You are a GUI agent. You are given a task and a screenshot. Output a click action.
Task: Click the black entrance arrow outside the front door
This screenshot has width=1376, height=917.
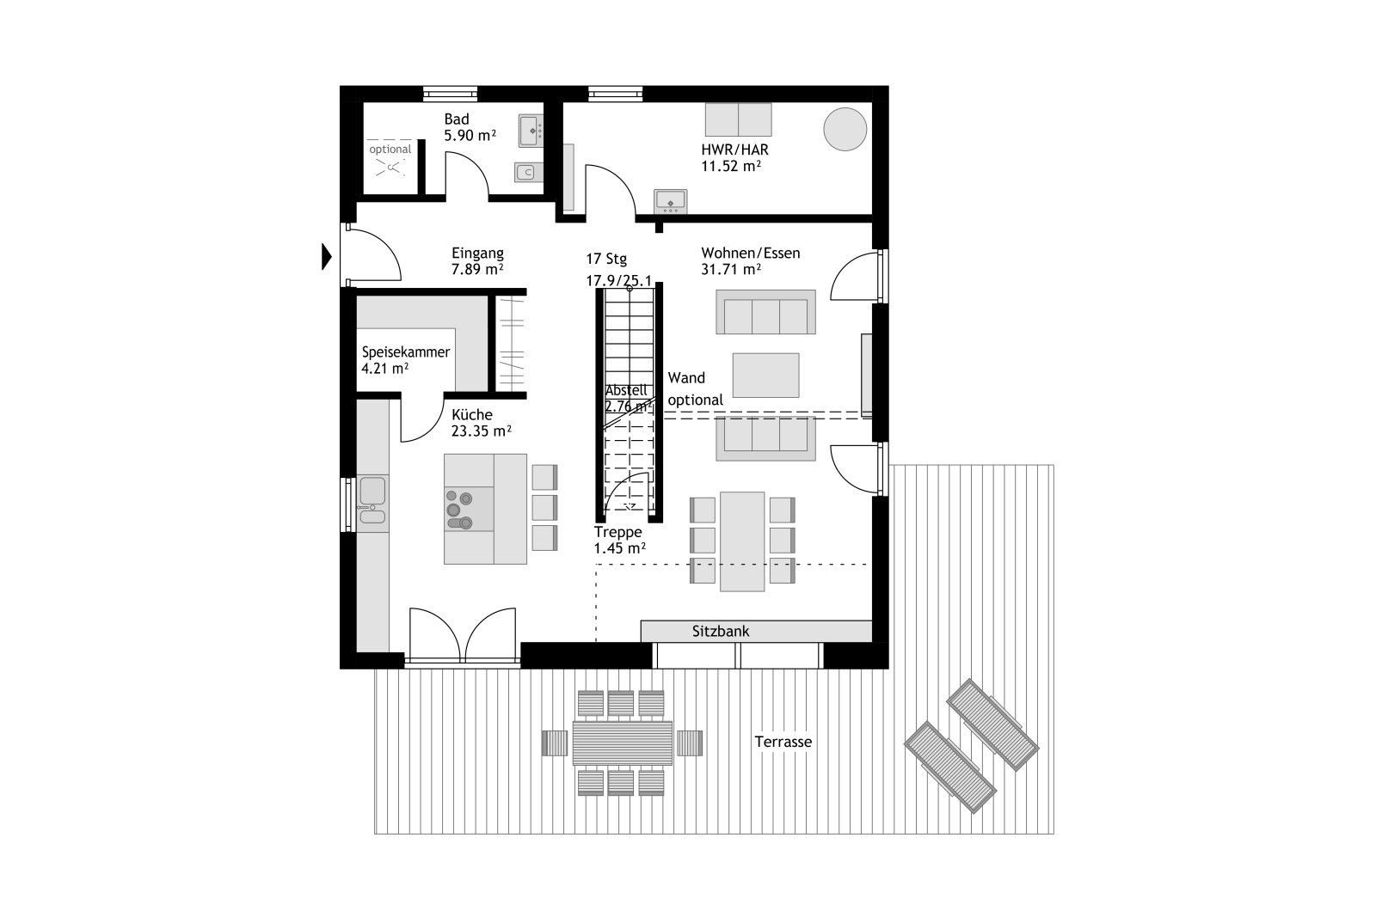tap(327, 257)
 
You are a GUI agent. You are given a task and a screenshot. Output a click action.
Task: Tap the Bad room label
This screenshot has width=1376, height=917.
tap(457, 119)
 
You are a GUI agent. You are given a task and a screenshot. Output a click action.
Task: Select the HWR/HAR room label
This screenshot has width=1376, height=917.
tap(734, 150)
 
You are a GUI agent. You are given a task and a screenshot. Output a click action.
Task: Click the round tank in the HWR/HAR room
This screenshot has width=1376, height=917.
tap(845, 129)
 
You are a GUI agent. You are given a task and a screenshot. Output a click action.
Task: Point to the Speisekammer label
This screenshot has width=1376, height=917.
tap(405, 352)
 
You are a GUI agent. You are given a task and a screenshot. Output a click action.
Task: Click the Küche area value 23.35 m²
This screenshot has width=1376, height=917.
tap(482, 431)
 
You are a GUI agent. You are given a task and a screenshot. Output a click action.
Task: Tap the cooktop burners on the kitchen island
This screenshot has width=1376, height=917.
tap(459, 510)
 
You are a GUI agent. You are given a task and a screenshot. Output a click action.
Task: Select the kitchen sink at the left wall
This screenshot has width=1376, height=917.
tap(372, 499)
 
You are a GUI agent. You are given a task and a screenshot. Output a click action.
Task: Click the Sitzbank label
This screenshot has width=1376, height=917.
tap(721, 631)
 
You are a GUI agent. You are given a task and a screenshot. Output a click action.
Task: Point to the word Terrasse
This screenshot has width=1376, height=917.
tap(783, 742)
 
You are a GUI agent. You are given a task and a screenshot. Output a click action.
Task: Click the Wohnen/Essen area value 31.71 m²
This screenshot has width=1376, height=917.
tap(731, 270)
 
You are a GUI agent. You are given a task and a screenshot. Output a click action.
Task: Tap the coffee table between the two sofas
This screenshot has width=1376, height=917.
tap(765, 375)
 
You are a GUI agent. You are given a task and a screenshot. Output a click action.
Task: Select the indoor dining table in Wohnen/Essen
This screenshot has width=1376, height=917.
tap(742, 541)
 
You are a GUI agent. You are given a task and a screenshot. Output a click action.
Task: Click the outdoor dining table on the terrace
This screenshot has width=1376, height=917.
tap(623, 743)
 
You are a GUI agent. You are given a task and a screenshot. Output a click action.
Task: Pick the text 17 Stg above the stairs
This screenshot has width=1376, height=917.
tap(606, 259)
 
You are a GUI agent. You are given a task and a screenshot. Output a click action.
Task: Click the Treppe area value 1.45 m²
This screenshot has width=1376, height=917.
tap(620, 548)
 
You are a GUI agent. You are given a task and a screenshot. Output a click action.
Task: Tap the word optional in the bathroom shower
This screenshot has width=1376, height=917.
tap(390, 150)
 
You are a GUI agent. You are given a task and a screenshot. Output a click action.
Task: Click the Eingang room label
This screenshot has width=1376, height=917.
tap(477, 253)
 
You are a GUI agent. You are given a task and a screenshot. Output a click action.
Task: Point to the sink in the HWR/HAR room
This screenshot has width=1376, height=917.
tap(670, 201)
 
